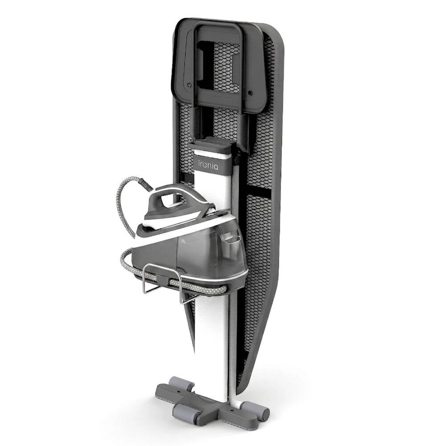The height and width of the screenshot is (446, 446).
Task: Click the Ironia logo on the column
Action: pyautogui.click(x=208, y=165)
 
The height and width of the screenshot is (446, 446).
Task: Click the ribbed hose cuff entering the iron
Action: pyautogui.click(x=147, y=183)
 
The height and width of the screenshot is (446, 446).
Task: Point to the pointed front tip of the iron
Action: pyautogui.click(x=137, y=231)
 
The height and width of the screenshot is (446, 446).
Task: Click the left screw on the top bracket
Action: pyautogui.click(x=189, y=85)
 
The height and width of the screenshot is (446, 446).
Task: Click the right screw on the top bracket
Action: pyautogui.click(x=250, y=92)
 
